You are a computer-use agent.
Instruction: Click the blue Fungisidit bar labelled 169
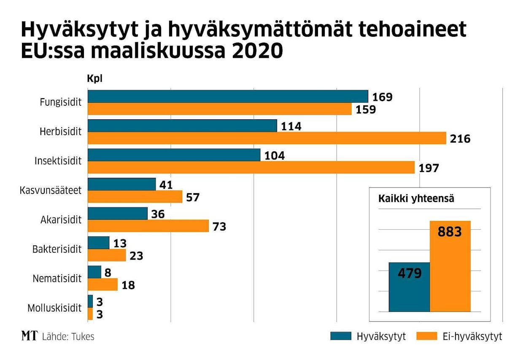coord(228,97)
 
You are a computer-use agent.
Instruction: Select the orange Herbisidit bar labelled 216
coord(267,138)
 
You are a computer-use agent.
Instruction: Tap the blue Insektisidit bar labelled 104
coord(174,155)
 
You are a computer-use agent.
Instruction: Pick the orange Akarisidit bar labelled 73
coord(148,226)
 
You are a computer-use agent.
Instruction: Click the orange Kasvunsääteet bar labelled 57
coord(135,196)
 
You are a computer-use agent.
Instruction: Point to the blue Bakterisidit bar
coord(98,243)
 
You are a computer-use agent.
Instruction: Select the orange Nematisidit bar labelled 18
coord(102,285)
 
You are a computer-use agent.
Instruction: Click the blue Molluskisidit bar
coord(90,301)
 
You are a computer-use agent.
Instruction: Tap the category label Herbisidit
coord(61,132)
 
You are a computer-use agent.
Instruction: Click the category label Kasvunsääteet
coord(51,190)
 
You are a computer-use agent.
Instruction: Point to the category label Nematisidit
coord(57,278)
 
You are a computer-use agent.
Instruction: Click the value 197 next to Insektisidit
coord(429,169)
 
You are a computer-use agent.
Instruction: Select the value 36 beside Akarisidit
coord(158,214)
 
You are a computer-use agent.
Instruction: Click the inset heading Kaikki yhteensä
coord(416,199)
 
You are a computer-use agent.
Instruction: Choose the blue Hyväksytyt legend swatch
coord(341,336)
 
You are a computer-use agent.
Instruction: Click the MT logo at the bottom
coord(29,336)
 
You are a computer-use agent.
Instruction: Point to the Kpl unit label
coord(95,79)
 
